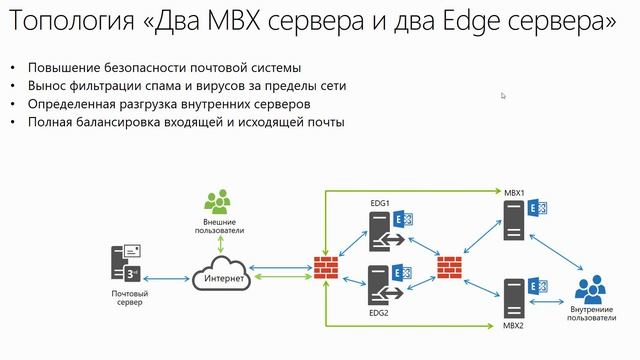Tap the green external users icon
pyautogui.click(x=219, y=200)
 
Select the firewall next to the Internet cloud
pyautogui.click(x=325, y=267)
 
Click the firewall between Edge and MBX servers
pyautogui.click(x=450, y=267)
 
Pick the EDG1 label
pyautogui.click(x=380, y=203)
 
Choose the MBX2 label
pyautogui.click(x=513, y=326)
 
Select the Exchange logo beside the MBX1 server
pyautogui.click(x=536, y=208)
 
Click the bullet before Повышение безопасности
pyautogui.click(x=13, y=68)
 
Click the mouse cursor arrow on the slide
pyautogui.click(x=503, y=96)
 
